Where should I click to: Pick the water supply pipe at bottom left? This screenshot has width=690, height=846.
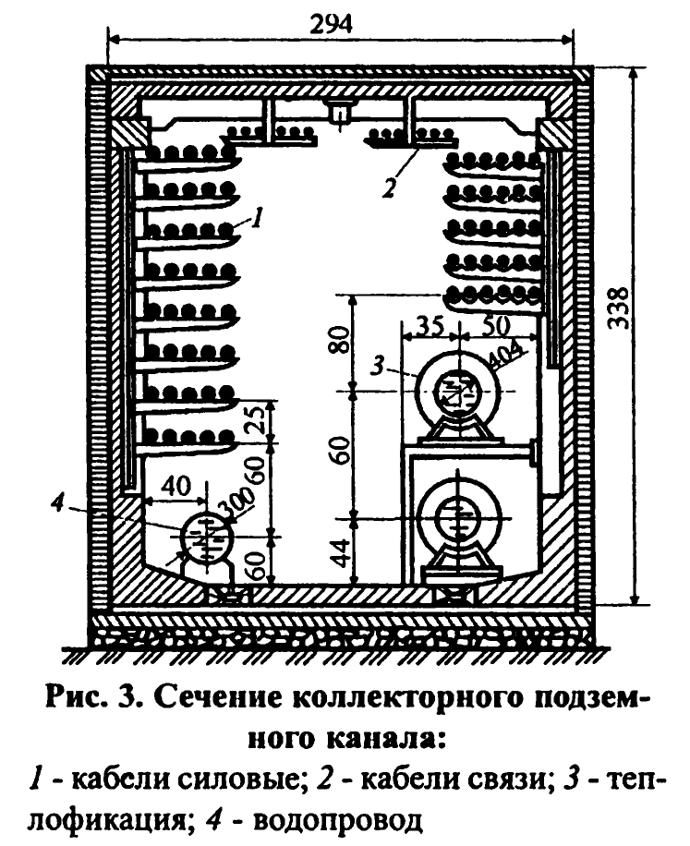(x=205, y=538)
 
